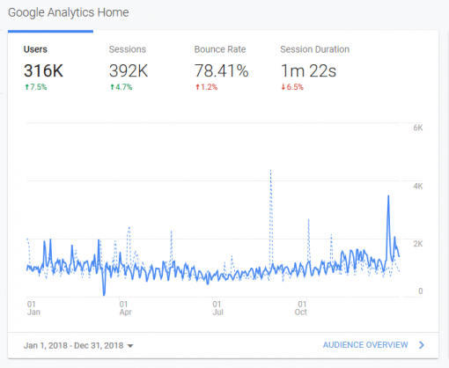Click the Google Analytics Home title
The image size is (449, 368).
click(68, 13)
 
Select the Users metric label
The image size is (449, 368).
click(35, 49)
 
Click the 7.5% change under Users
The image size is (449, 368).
click(38, 87)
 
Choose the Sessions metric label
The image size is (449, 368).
click(127, 49)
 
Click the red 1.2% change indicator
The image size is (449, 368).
click(209, 87)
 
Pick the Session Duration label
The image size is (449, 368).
click(314, 49)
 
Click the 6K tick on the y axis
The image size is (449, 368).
click(419, 129)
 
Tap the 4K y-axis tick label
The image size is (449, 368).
click(419, 187)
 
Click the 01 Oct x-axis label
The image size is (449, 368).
click(300, 306)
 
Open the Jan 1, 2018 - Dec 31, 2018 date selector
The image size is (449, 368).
click(80, 345)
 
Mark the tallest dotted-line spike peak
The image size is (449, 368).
click(270, 171)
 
